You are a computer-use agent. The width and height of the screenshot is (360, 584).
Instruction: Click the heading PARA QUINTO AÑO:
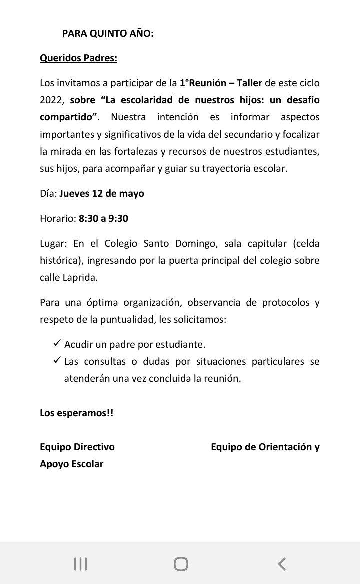pos(108,34)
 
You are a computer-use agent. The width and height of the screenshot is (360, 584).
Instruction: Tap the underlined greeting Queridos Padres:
pos(78,58)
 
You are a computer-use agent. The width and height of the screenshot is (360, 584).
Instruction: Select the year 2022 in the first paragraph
pos(50,100)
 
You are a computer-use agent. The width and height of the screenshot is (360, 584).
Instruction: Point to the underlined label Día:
pos(48,193)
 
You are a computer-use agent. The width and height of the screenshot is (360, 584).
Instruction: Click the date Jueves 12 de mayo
pos(102,193)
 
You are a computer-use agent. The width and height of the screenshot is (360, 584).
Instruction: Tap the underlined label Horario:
pos(58,218)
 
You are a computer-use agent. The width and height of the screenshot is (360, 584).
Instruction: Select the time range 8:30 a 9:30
pos(103,218)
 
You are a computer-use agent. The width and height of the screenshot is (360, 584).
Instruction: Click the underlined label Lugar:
pos(53,244)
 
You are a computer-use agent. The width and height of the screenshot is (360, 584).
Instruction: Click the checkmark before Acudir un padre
pos(56,344)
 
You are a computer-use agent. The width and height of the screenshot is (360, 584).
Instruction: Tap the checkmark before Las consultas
pos(56,361)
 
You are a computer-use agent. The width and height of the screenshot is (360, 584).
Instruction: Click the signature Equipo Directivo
pos(77,447)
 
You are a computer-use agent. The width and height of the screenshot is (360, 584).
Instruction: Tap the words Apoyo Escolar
pos(72,464)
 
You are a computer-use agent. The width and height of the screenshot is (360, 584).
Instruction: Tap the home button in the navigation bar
pos(181,564)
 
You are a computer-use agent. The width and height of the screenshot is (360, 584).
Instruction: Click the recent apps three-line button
pos(80,564)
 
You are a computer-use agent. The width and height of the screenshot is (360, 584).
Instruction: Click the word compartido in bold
pos(68,117)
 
